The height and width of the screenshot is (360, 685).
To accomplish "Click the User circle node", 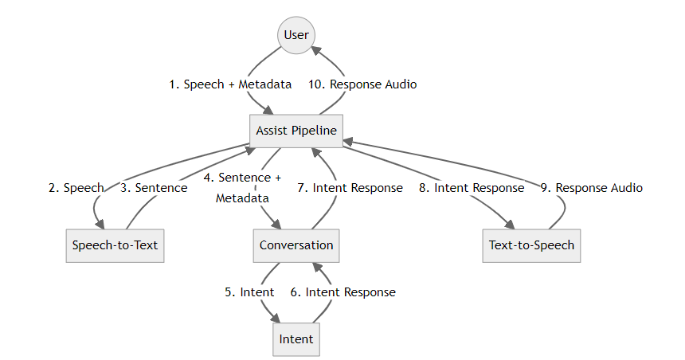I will tap(296, 35).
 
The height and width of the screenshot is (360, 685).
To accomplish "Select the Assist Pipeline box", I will tap(296, 131).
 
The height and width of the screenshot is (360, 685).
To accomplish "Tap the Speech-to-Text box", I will tap(115, 245).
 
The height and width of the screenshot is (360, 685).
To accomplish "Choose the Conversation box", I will tap(296, 245).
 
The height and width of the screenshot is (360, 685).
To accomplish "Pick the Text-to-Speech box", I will tap(531, 245).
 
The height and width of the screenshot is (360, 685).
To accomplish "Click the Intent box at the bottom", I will tap(296, 339).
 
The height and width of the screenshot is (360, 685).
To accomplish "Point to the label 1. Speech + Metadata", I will tap(230, 84).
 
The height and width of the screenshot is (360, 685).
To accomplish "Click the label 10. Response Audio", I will tap(362, 84).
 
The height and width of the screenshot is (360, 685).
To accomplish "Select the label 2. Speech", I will tap(76, 188).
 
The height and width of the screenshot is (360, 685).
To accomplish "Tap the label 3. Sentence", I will tap(154, 188).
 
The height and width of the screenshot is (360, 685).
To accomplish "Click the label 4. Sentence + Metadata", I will tap(242, 188).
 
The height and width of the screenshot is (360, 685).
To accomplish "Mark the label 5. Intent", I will tap(249, 292).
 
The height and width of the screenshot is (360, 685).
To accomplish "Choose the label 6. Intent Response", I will tap(342, 292).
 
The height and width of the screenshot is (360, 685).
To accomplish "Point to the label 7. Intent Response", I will tap(350, 188).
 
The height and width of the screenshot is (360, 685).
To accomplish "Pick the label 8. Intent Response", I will tap(472, 188).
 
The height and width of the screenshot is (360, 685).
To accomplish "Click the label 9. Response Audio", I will tap(591, 188).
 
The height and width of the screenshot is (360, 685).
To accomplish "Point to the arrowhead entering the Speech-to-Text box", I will tap(100, 225).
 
